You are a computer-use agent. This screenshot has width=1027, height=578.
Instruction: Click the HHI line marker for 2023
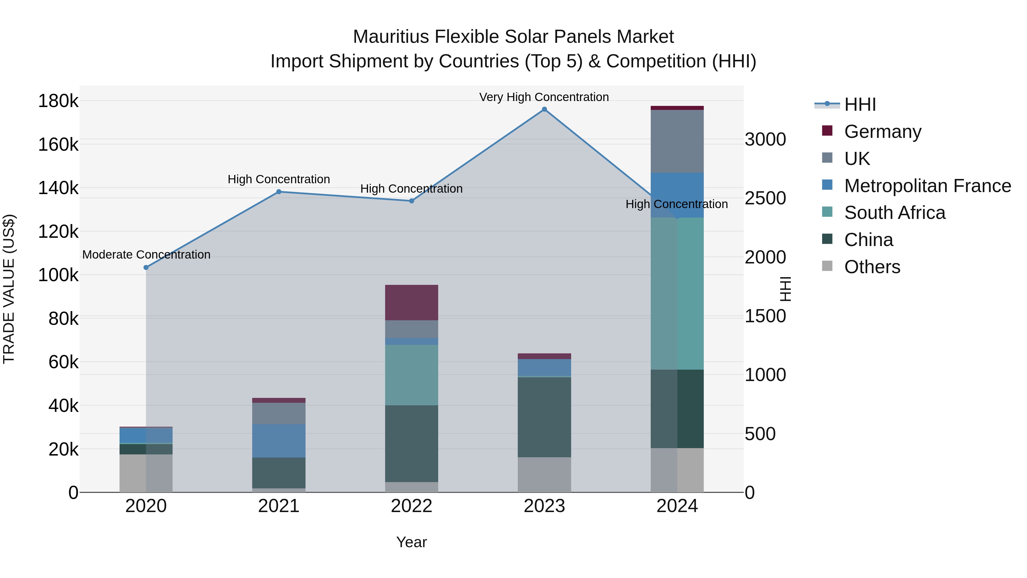tap(544, 109)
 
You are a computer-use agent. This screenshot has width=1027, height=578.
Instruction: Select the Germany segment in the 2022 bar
tap(411, 302)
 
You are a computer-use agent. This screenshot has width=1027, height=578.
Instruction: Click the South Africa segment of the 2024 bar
tap(677, 293)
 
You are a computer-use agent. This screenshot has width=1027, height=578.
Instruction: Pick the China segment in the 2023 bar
tap(544, 417)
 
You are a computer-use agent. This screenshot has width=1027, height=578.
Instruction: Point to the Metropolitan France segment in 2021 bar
tap(279, 441)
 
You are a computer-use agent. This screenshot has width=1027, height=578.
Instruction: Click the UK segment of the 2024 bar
tap(677, 141)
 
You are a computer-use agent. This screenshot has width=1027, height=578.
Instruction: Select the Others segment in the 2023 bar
tap(544, 475)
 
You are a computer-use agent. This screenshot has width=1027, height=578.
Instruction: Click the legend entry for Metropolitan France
tap(927, 186)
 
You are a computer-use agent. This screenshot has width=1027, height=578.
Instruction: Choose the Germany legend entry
tap(883, 132)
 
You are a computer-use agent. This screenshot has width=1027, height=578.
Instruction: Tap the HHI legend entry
tap(860, 104)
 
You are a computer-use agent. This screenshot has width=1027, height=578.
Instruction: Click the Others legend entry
tap(872, 267)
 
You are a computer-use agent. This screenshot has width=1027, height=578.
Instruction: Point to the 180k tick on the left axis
tap(58, 101)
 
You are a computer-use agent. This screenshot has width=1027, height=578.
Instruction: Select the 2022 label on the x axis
tap(411, 506)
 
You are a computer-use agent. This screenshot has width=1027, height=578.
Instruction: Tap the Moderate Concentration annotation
tap(146, 255)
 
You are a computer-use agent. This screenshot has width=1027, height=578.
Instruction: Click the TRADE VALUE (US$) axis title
tap(9, 289)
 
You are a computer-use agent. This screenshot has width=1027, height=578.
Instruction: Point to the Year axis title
tap(411, 542)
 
